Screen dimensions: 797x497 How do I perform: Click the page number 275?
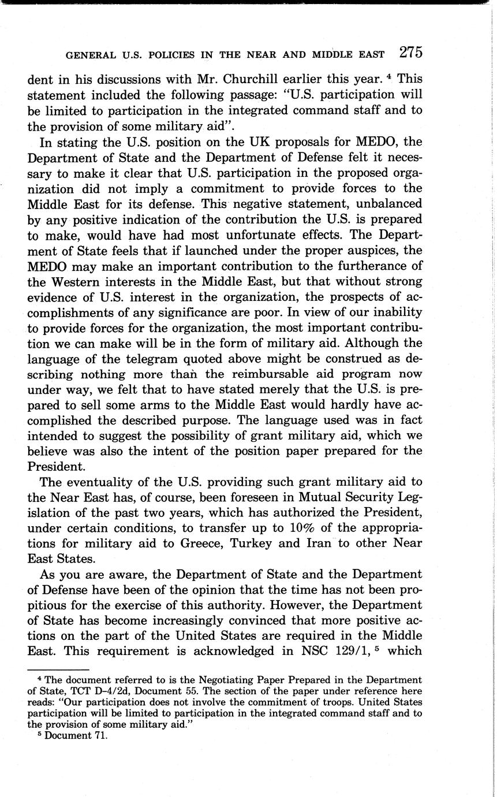point(410,53)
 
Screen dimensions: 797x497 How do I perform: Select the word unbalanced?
point(386,204)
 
